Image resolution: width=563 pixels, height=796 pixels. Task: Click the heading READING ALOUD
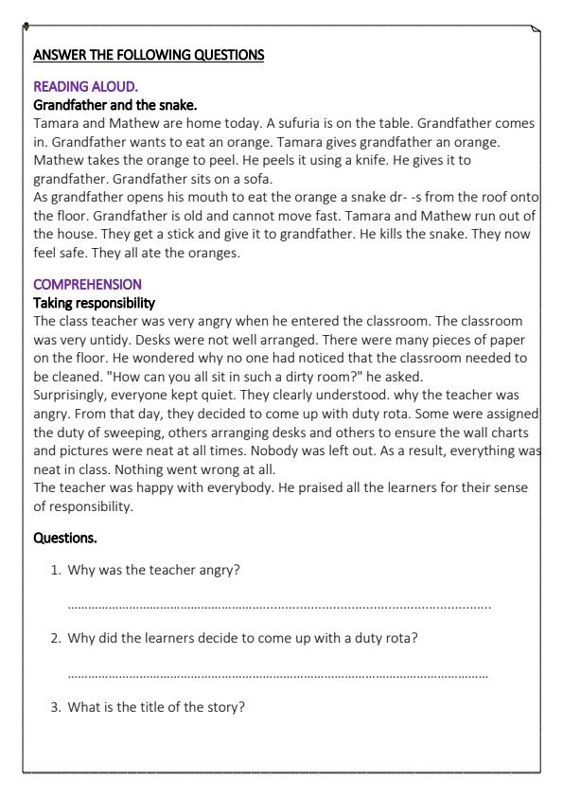72,86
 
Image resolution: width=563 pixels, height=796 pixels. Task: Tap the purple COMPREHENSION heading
87,284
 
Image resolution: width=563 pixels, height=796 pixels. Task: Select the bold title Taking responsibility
95,303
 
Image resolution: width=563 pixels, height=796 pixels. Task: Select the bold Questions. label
66,538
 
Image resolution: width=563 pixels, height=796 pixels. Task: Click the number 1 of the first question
55,570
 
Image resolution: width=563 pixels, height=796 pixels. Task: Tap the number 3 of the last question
55,706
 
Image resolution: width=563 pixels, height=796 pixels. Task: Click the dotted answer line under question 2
279,675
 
